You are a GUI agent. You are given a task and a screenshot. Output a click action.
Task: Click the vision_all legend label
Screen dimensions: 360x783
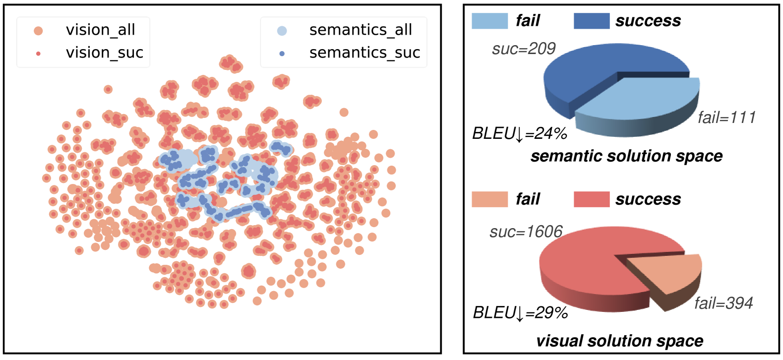coord(100,30)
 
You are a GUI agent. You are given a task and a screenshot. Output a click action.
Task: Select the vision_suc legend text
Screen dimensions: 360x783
coord(104,53)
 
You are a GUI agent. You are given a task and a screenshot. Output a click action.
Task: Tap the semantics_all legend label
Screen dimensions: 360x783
coord(361,30)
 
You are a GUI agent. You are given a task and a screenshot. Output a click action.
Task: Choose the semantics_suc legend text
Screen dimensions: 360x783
coord(364,53)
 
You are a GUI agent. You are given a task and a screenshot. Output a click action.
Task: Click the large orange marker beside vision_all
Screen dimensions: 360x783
coord(38,31)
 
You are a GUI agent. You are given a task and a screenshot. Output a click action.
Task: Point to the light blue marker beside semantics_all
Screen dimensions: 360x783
coord(282,31)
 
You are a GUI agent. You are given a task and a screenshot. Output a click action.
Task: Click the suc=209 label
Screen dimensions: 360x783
coord(523,49)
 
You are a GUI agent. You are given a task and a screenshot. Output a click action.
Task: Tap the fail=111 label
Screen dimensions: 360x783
coord(726,118)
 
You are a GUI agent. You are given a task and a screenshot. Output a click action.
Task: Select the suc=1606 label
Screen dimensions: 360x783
coord(526,232)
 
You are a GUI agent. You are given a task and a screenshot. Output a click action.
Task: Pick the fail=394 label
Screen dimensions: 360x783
coord(723,303)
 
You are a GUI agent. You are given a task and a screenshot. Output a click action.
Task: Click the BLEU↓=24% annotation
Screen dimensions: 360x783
coord(519,133)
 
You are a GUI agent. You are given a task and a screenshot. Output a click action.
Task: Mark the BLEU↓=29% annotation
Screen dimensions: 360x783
coord(520,312)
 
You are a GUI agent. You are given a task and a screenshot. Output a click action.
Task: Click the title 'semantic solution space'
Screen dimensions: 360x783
coord(626,156)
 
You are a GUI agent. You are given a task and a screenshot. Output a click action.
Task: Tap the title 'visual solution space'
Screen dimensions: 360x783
coord(619,341)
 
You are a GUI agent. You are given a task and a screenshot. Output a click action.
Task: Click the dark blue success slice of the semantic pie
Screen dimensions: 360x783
coord(585,74)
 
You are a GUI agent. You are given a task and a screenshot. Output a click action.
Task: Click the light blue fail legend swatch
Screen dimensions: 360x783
coord(489,21)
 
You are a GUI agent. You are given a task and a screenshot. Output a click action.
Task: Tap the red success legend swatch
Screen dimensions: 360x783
coord(591,199)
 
